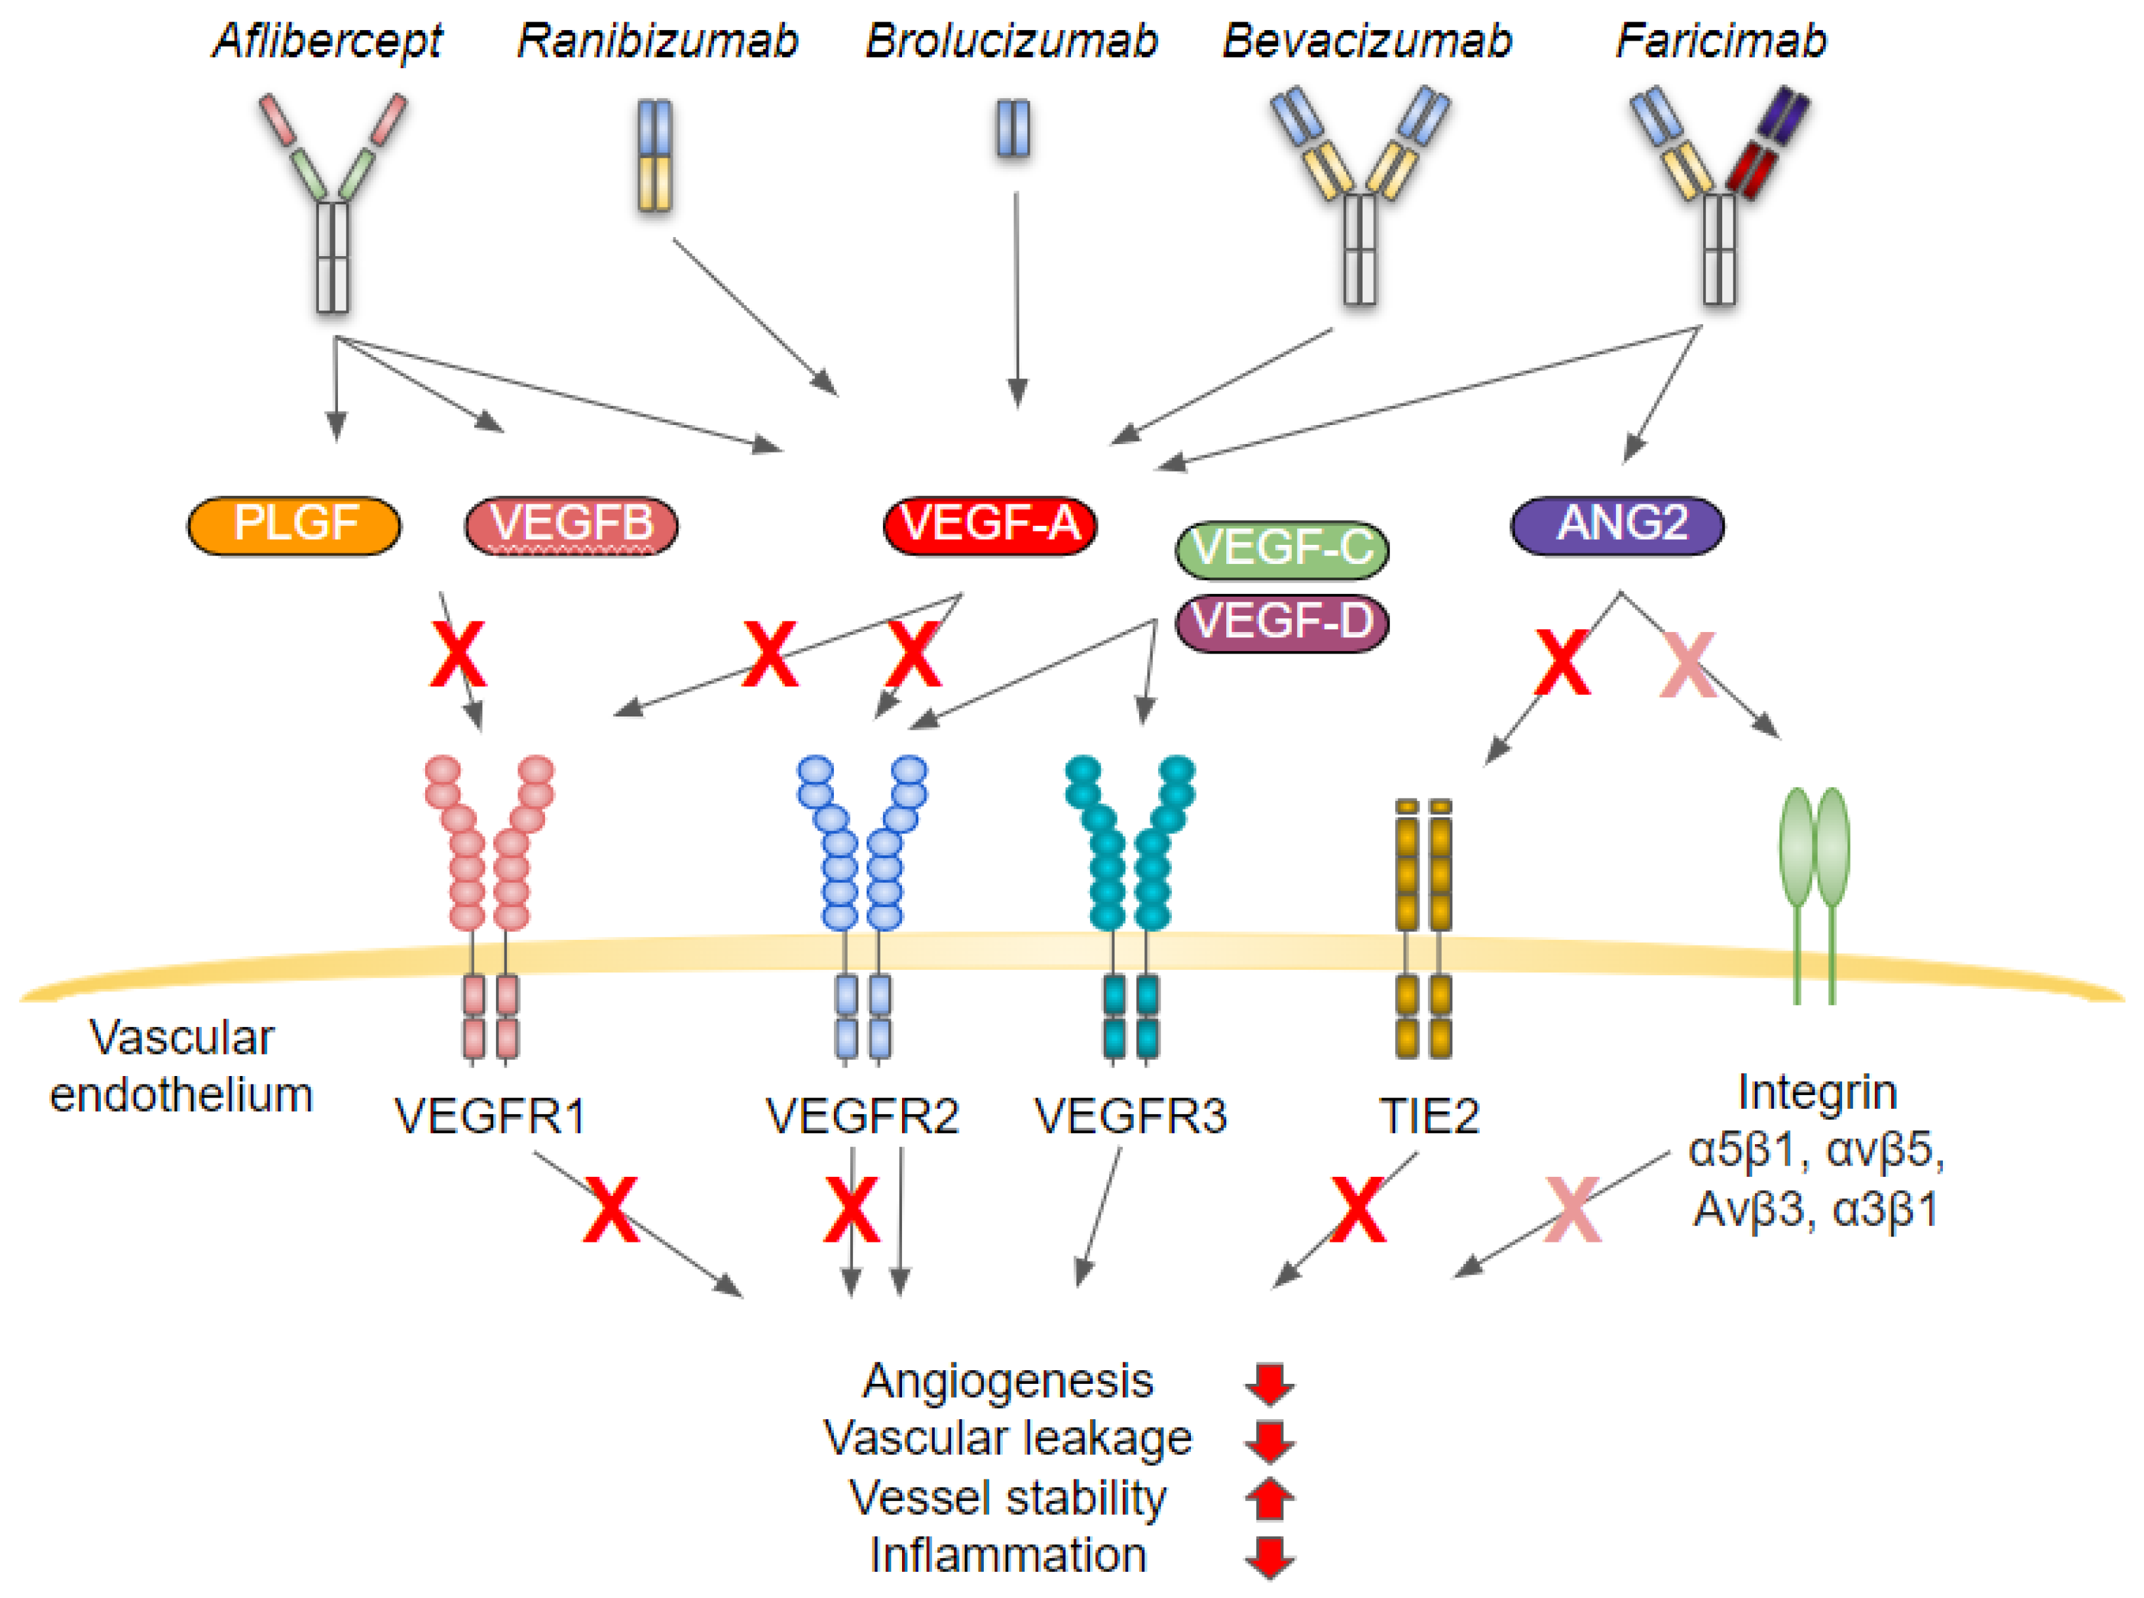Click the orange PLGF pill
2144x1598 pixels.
[293, 525]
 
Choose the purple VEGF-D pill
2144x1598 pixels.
[1281, 622]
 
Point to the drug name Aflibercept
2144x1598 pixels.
[327, 41]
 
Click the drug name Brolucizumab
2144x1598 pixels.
[1010, 41]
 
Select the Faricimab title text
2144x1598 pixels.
[1720, 41]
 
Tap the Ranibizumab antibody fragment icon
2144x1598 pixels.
[655, 155]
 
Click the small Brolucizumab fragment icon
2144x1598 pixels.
[1012, 128]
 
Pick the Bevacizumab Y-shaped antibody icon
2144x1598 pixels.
[1359, 193]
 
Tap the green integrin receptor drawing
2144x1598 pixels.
[1813, 890]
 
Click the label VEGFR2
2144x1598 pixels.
[861, 1115]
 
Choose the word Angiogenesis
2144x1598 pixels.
[1007, 1381]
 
